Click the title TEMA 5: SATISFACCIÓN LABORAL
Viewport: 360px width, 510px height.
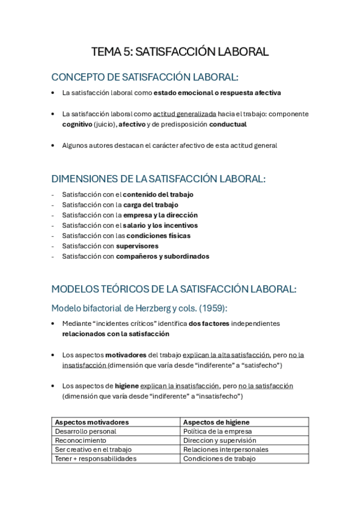click(180, 52)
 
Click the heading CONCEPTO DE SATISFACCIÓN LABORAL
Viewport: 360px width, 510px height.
click(145, 77)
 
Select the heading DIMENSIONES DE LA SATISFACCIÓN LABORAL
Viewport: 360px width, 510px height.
click(159, 179)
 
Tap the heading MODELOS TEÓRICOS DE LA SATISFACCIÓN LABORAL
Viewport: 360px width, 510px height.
click(174, 289)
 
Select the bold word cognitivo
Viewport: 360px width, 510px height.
click(77, 124)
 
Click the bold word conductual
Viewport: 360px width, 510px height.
click(228, 124)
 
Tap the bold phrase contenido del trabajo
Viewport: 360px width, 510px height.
click(158, 194)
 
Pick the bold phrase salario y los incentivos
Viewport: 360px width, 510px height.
click(160, 225)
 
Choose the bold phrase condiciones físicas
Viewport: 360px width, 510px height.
click(157, 235)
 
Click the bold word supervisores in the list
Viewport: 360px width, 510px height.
click(137, 245)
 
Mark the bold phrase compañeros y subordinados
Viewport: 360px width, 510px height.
click(162, 256)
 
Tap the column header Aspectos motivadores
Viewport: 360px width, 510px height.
click(92, 422)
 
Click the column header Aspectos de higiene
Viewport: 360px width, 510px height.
click(216, 422)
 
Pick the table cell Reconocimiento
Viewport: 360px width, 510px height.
click(81, 440)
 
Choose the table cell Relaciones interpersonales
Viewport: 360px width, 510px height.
click(225, 449)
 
